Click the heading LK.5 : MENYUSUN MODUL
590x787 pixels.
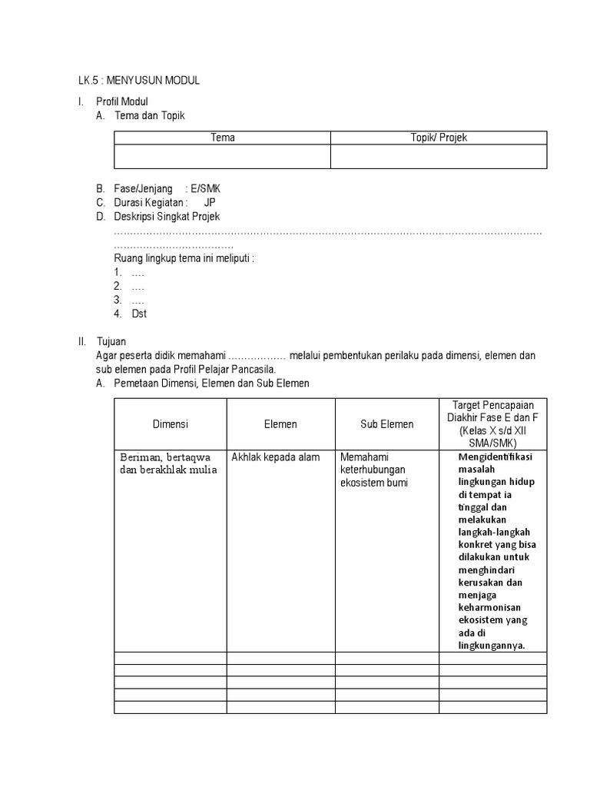click(x=138, y=81)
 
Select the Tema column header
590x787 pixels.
click(x=223, y=138)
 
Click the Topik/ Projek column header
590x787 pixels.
click(x=439, y=138)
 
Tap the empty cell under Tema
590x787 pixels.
click(x=223, y=157)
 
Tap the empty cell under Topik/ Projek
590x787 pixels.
click(x=439, y=157)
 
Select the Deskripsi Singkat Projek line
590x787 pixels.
click(x=167, y=217)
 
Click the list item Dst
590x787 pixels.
click(x=139, y=314)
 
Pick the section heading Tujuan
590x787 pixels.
click(x=111, y=340)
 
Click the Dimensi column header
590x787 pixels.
click(x=170, y=423)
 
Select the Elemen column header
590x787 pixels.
click(x=280, y=423)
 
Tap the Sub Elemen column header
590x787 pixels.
click(x=386, y=423)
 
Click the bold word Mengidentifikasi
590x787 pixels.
click(x=493, y=457)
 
